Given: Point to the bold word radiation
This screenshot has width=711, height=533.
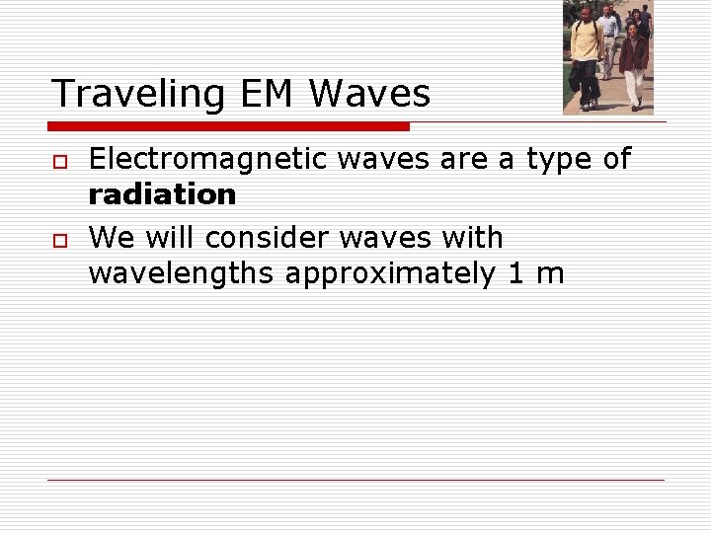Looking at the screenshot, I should coord(162,194).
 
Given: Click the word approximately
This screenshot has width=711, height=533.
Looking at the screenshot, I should coord(391,273).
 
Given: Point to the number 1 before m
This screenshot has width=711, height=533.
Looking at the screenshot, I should coord(515,273).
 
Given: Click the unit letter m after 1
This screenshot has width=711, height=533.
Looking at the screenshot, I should coord(549,273).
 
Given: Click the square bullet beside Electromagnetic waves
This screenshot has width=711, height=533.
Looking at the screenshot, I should coord(60,161).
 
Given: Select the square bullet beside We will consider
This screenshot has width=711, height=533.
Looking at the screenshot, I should coord(60,240).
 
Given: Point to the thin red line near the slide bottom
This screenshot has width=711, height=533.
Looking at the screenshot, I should coord(355,480).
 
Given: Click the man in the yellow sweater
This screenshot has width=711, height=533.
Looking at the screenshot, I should coord(587,54).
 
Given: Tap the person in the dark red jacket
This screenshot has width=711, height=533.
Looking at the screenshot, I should coord(633,54).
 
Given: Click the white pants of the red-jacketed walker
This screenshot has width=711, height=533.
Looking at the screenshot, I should coord(633,87).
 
